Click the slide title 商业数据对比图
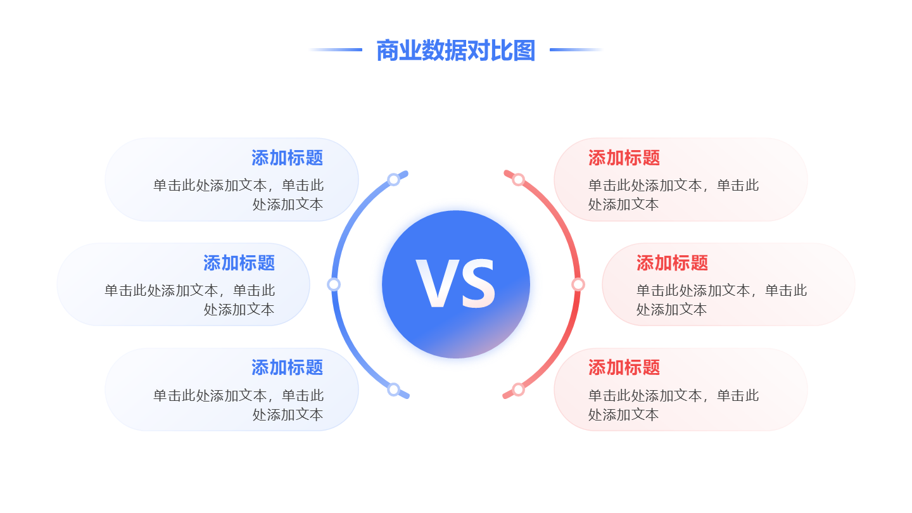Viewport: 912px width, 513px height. click(455, 50)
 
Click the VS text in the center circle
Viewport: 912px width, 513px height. click(455, 284)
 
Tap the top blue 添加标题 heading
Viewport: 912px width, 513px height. click(287, 158)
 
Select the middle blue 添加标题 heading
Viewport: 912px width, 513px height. click(239, 263)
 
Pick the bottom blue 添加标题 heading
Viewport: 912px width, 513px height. click(287, 367)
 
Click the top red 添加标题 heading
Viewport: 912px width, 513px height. click(624, 158)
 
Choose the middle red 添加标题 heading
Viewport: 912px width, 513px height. click(672, 263)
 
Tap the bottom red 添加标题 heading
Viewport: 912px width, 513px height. click(624, 367)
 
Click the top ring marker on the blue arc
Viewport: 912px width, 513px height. click(393, 180)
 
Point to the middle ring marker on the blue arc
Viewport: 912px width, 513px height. click(334, 284)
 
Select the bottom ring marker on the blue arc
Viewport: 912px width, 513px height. click(393, 389)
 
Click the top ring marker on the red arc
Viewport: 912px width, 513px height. click(518, 180)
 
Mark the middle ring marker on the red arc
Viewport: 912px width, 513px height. click(578, 284)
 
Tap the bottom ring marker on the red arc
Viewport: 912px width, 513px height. click(518, 389)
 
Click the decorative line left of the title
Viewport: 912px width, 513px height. click(336, 49)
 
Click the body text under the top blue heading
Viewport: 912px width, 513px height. click(239, 194)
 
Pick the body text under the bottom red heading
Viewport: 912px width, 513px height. click(673, 405)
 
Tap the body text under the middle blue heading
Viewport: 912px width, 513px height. click(190, 300)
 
